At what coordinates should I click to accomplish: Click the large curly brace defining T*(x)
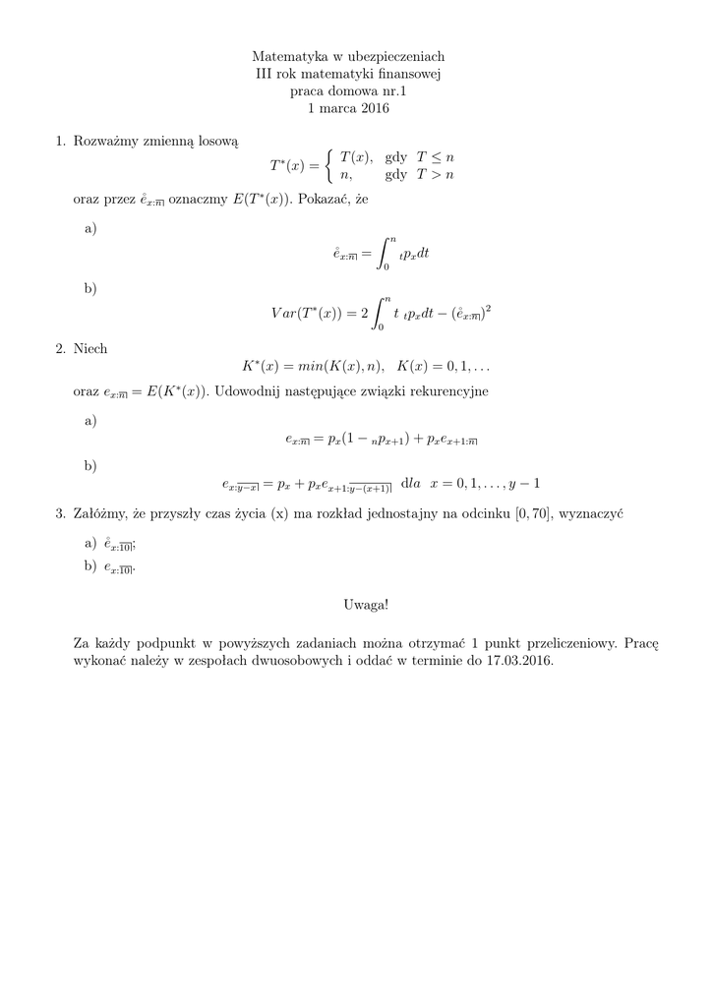tap(329, 165)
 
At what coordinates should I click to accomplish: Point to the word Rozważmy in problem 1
tap(103, 143)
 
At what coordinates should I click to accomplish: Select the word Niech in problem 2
tap(90, 348)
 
